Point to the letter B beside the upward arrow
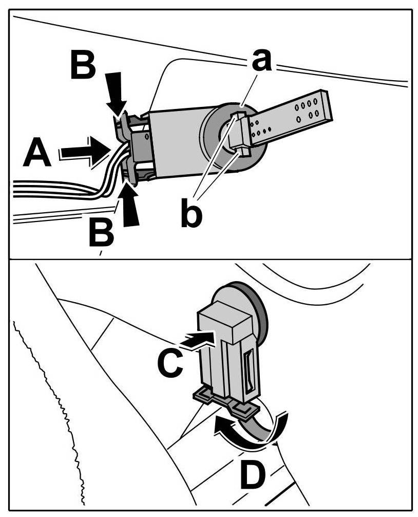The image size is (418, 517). point(101,232)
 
